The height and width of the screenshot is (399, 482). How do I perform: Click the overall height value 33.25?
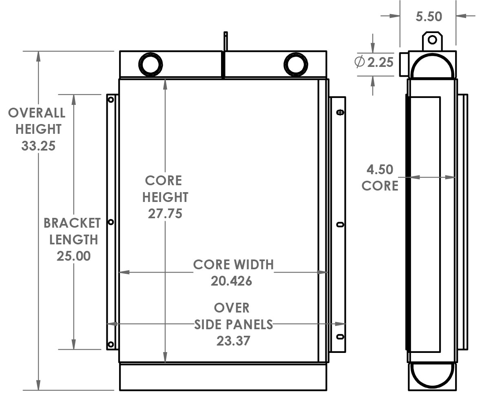click(38, 146)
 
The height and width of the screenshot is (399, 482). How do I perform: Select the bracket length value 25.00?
click(74, 256)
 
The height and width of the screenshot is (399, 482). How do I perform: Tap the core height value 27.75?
click(165, 213)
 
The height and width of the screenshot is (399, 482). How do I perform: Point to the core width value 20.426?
click(231, 281)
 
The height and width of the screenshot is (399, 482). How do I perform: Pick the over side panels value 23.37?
click(233, 341)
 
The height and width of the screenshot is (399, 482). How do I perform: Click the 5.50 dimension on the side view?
click(429, 17)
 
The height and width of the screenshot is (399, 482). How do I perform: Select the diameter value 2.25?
click(380, 62)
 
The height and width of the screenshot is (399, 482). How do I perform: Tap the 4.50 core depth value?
click(380, 169)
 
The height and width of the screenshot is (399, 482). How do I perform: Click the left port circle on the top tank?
click(150, 64)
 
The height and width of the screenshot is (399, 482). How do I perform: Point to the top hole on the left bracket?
click(111, 99)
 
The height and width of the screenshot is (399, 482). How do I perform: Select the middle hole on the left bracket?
click(111, 222)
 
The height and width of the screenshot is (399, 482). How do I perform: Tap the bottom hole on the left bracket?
click(111, 345)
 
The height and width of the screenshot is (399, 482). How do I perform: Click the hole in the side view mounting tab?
click(432, 40)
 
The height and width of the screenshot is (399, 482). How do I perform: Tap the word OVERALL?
click(37, 113)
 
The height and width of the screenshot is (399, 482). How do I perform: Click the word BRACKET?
click(72, 223)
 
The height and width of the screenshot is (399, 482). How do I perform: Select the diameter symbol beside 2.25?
click(360, 62)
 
